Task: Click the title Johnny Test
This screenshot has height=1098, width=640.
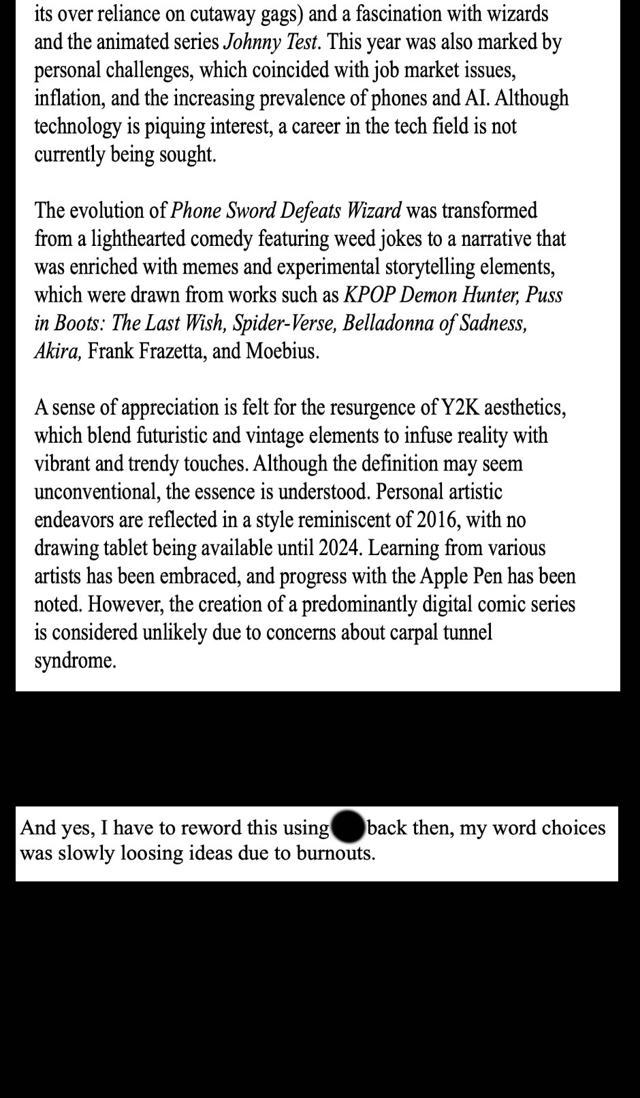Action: [x=270, y=42]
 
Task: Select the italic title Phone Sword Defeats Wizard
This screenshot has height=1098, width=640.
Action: [x=285, y=210]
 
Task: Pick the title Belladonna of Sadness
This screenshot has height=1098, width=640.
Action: [x=434, y=323]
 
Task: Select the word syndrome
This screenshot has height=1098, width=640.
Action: [x=75, y=661]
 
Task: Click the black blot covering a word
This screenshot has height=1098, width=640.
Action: [x=348, y=827]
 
